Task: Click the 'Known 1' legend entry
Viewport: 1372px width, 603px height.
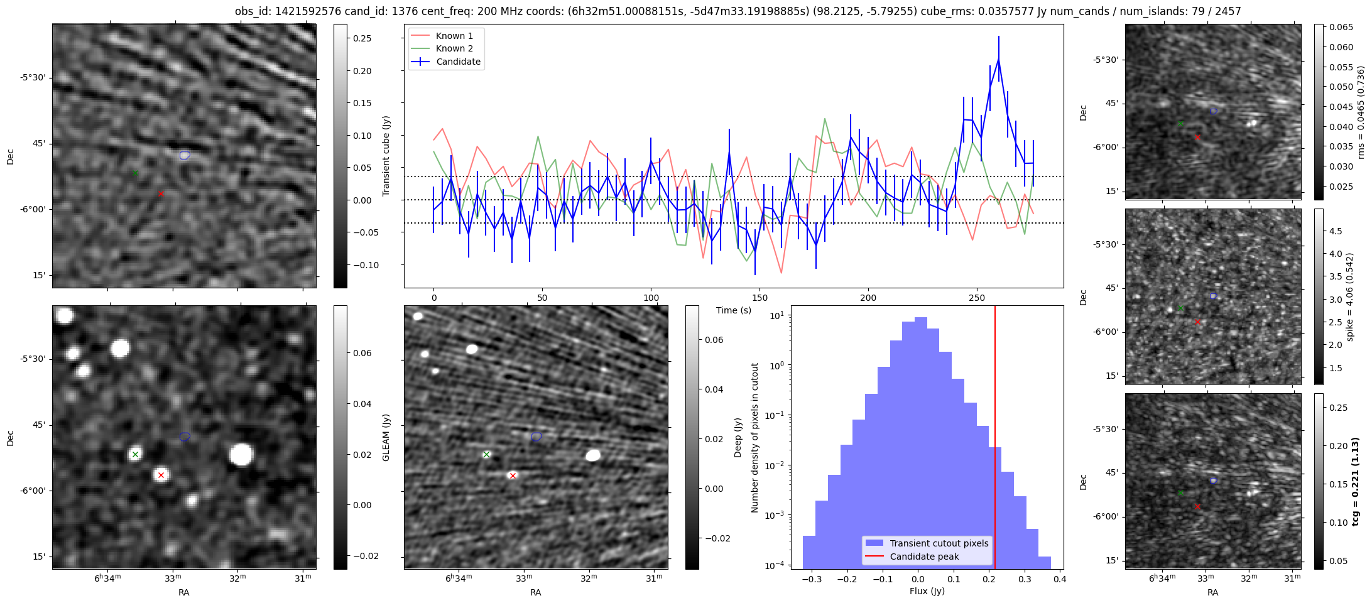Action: pyautogui.click(x=454, y=36)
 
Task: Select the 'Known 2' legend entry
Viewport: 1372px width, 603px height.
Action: pyautogui.click(x=454, y=48)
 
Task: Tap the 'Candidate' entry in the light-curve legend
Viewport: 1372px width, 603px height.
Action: pyautogui.click(x=458, y=62)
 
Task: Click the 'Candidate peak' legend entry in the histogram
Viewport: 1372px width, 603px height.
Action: pyautogui.click(x=924, y=557)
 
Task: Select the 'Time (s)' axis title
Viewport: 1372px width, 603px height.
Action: pyautogui.click(x=734, y=310)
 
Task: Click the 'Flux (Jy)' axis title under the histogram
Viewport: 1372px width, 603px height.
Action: pyautogui.click(x=927, y=591)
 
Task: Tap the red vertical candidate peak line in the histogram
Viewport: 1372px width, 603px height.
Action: pyautogui.click(x=995, y=440)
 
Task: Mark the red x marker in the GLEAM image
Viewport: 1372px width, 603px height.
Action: pyautogui.click(x=161, y=475)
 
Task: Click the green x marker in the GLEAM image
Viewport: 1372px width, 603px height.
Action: pyautogui.click(x=135, y=454)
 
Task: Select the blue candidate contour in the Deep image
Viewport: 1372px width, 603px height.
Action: pyautogui.click(x=536, y=437)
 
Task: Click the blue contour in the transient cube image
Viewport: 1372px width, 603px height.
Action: pyautogui.click(x=185, y=155)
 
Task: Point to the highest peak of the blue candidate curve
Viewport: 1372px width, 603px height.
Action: pyautogui.click(x=998, y=58)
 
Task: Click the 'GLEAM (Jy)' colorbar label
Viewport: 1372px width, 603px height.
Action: pyautogui.click(x=386, y=437)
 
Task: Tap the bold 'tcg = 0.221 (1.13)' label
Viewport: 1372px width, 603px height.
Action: pyautogui.click(x=1356, y=482)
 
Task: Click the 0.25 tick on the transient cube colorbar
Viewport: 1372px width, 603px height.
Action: pyautogui.click(x=362, y=38)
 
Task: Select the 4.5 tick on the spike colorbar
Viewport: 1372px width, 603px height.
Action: pyautogui.click(x=1336, y=231)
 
